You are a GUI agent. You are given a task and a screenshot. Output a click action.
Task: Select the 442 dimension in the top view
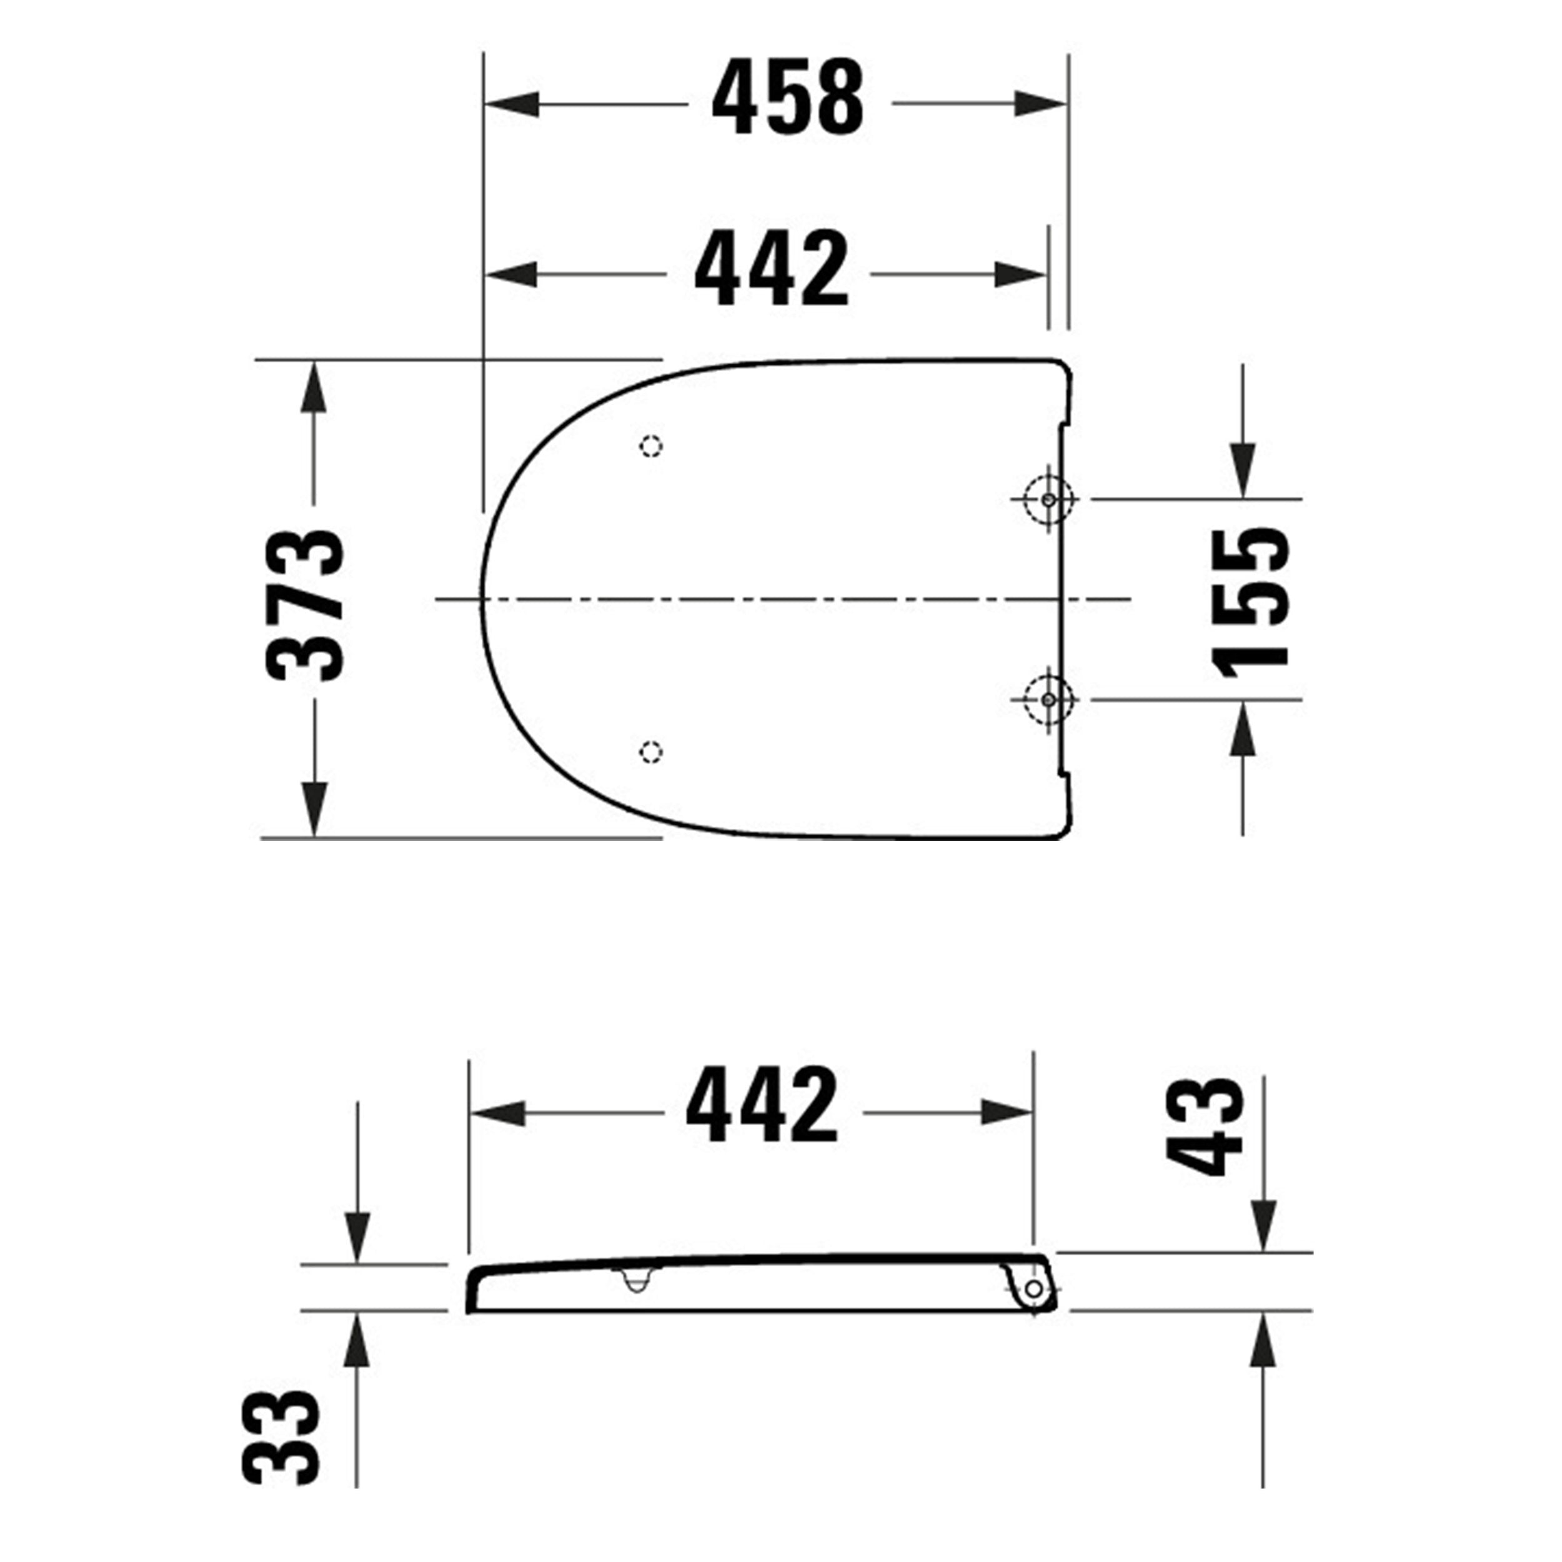772,269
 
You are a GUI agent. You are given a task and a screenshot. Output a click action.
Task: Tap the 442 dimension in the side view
762,1105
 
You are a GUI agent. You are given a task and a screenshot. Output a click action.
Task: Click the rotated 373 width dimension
306,605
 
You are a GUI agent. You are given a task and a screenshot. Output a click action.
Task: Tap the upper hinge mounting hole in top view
1048,500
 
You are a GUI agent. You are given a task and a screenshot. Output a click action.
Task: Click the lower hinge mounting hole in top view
1048,699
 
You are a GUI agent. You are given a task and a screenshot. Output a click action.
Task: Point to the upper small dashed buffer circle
651,446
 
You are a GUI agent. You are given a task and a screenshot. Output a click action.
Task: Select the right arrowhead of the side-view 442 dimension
1007,1113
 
